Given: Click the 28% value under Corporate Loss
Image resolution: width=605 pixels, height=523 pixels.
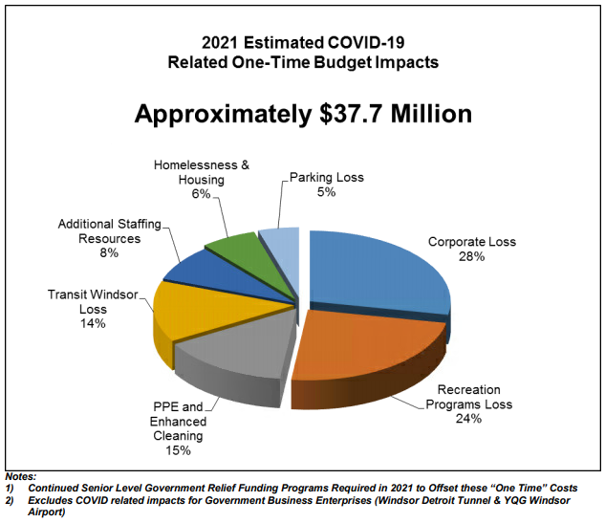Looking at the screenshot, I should (471, 258).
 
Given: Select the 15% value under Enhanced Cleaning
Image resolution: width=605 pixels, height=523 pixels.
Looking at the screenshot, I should (177, 450).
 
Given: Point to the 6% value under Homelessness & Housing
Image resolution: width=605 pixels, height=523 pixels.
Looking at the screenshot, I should (201, 194).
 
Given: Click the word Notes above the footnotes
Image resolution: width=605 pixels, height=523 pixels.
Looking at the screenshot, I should (20, 475).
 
